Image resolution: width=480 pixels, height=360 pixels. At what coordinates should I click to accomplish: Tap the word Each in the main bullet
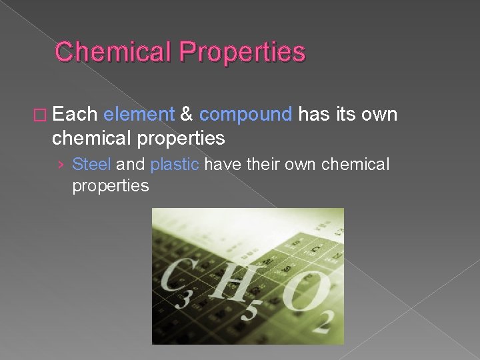coord(75,115)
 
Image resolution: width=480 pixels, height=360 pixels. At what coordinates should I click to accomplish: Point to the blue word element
coord(139,115)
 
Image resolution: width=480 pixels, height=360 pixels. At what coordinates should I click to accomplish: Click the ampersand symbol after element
coord(187,115)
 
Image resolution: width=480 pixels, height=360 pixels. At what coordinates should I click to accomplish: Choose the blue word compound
coord(245,115)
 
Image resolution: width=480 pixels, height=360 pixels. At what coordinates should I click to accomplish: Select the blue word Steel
coord(91,164)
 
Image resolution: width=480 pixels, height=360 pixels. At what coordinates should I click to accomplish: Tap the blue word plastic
coord(175,165)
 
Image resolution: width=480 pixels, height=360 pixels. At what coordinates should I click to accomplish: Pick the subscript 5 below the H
coord(247,309)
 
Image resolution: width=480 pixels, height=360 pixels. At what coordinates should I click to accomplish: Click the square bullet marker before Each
coord(43,115)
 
